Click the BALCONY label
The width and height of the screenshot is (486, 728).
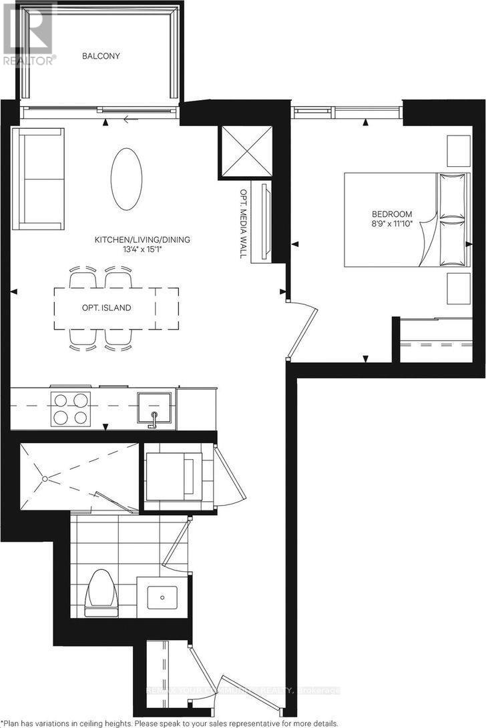[101, 56]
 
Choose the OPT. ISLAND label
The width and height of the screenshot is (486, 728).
[102, 308]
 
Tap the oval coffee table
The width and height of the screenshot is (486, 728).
[126, 179]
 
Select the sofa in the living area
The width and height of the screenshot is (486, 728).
[38, 178]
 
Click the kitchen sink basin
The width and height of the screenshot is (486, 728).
[154, 408]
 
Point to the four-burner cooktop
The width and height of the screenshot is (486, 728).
[70, 408]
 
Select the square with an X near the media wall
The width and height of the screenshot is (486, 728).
[246, 151]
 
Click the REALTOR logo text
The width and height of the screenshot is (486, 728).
[28, 59]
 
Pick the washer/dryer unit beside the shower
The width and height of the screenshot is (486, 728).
[174, 476]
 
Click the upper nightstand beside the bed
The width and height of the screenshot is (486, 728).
[459, 151]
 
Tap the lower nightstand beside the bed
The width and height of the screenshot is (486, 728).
[459, 288]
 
